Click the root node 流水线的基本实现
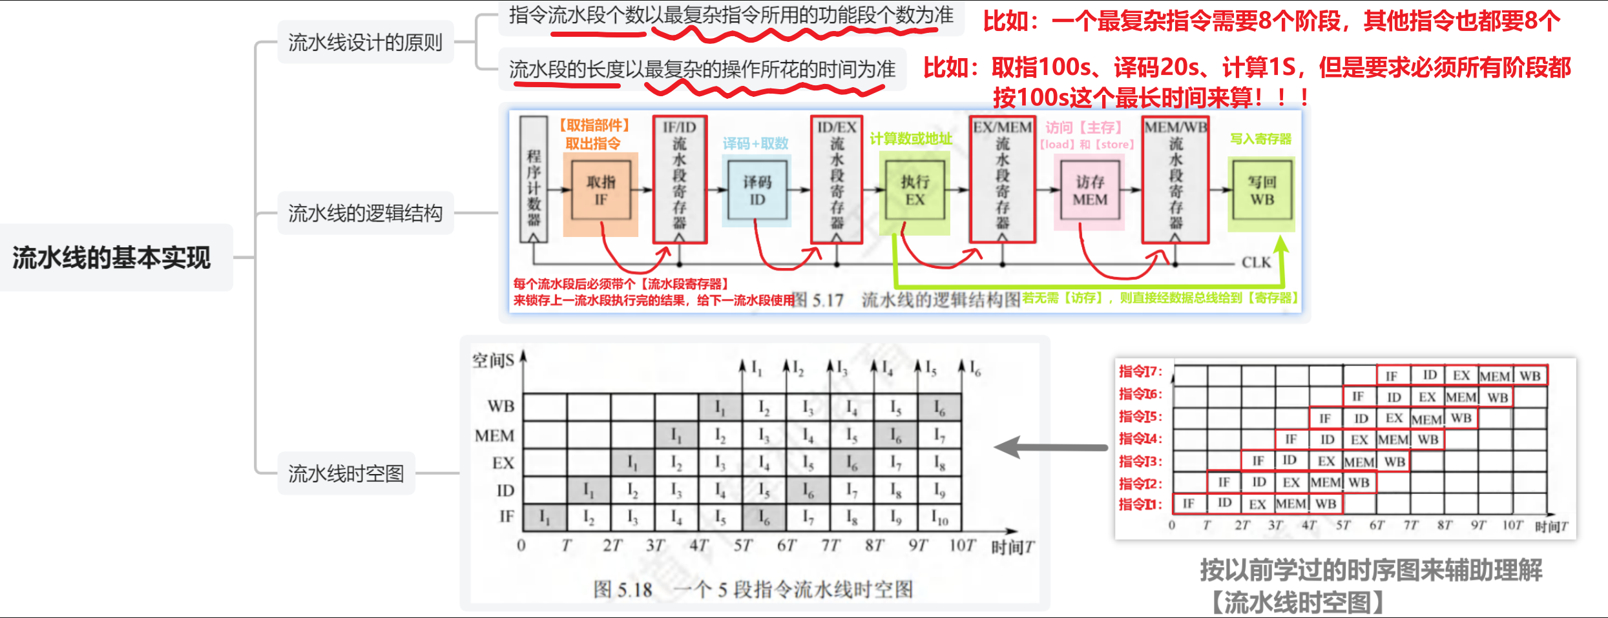pos(112,258)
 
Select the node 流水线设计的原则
pos(365,43)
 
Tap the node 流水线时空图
pos(346,474)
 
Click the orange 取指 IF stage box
pos(601,191)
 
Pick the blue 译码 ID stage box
pos(757,191)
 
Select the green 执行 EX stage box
pos(915,191)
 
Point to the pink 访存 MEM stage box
pos(1090,191)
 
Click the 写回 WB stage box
pos(1262,191)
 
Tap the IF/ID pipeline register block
pos(680,179)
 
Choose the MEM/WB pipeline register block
pos(1176,179)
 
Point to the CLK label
pos(1256,263)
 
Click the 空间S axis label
pos(493,360)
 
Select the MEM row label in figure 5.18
pos(494,436)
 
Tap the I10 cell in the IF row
pos(939,518)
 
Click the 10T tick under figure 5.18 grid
pos(961,546)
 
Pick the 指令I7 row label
pos(1140,371)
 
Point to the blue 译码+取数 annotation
pos(755,143)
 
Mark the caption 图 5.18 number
pos(623,590)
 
